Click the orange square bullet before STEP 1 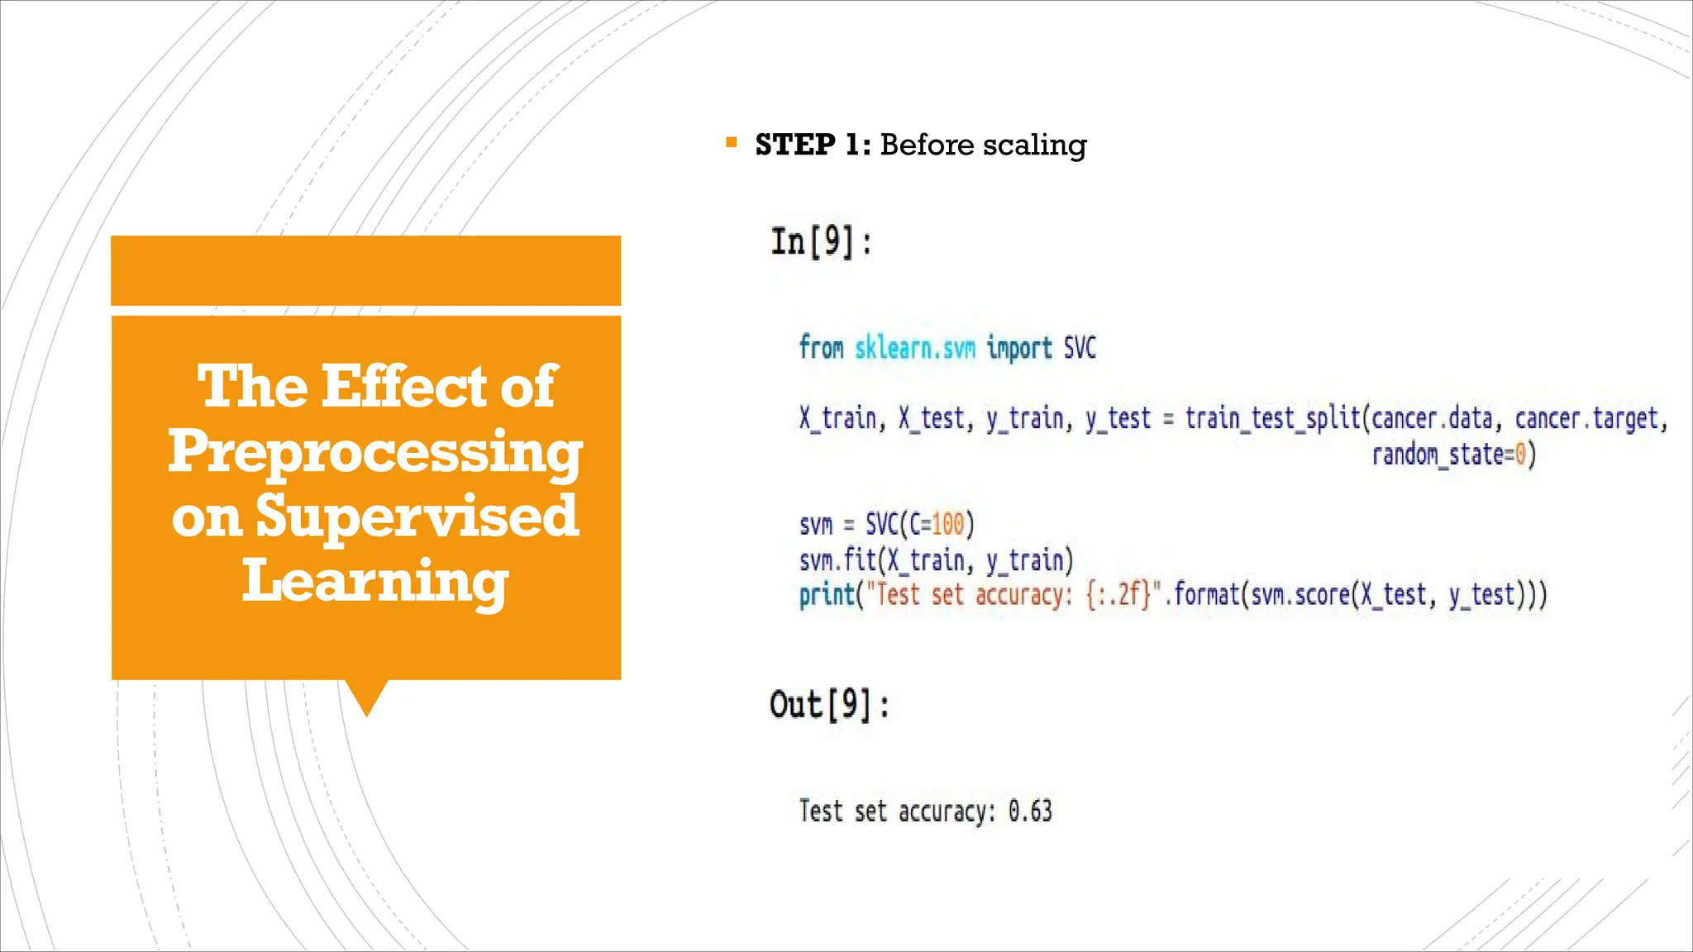(731, 143)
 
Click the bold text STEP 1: (812, 145)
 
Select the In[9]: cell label (821, 242)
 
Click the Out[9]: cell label (829, 705)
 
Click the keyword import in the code (1018, 348)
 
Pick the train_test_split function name (1272, 418)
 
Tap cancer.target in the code (1586, 418)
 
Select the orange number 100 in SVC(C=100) (947, 524)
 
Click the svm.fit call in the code (837, 560)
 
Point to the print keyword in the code (826, 595)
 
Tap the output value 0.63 (1030, 811)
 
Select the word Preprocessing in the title (374, 452)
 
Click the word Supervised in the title (417, 516)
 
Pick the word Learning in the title (374, 580)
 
